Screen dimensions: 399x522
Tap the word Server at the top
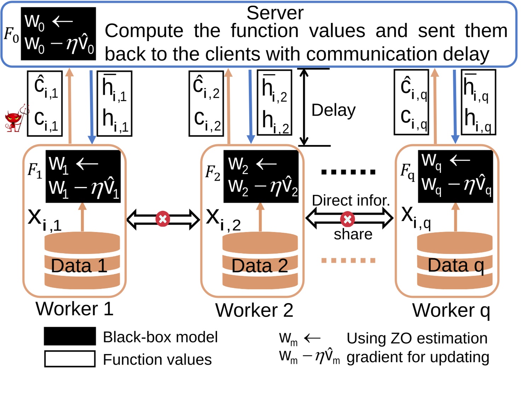click(275, 13)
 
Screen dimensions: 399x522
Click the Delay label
click(333, 110)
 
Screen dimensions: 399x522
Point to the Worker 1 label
click(75, 308)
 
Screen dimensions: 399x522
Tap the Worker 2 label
click(254, 310)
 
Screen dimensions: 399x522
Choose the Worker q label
click(451, 310)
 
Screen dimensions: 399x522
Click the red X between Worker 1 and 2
click(163, 219)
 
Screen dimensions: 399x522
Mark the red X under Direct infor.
click(348, 219)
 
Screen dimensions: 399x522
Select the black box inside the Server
click(58, 34)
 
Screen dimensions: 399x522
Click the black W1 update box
click(83, 177)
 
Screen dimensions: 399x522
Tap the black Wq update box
click(456, 177)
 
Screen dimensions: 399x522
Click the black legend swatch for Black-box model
click(70, 336)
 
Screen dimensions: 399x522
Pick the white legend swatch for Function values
click(70, 359)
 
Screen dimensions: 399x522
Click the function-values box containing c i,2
click(207, 104)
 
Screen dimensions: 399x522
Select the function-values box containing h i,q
click(478, 103)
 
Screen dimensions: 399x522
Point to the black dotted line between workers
click(348, 172)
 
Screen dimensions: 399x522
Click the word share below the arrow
click(353, 234)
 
